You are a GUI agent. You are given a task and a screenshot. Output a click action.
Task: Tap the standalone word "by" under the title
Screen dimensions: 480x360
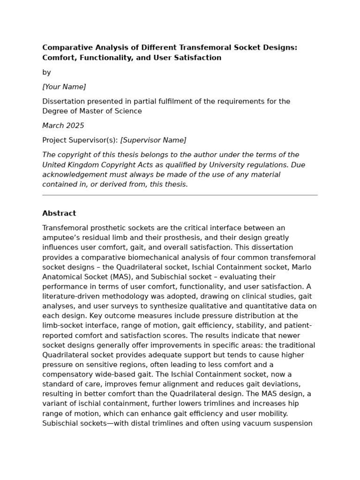pyautogui.click(x=46, y=72)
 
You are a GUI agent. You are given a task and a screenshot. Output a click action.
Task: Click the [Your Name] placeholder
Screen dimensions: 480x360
pyautogui.click(x=64, y=87)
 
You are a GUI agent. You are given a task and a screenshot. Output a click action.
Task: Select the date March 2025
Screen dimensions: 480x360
pyautogui.click(x=63, y=126)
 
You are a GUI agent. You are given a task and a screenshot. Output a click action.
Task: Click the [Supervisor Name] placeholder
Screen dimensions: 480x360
pyautogui.click(x=153, y=140)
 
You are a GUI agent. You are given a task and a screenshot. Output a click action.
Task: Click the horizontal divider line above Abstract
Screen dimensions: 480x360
pyautogui.click(x=180, y=195)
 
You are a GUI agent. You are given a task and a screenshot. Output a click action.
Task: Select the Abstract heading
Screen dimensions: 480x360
pyautogui.click(x=59, y=213)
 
